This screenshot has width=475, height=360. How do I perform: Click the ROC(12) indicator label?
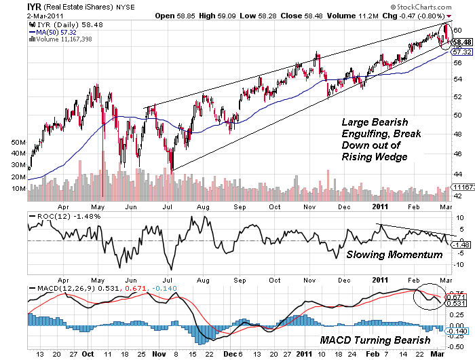point(48,215)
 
